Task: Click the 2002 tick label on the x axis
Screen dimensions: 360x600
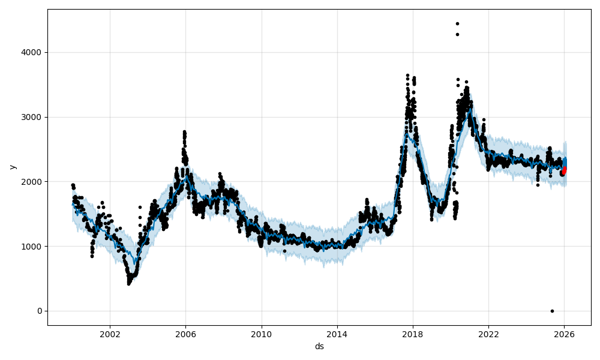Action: pos(110,334)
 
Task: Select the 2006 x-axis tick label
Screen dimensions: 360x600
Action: pos(185,334)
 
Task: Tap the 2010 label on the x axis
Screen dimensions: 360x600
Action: pos(261,334)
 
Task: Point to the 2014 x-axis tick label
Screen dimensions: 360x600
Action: pos(337,334)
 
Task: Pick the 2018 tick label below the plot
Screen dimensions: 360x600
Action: pos(412,334)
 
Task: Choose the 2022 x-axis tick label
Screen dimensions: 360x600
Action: pos(488,334)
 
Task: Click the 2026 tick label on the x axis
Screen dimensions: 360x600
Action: pos(564,334)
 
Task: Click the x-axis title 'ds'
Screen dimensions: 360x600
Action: pos(319,346)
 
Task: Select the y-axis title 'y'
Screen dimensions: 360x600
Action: pos(13,167)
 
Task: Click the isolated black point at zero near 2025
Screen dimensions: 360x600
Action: pos(552,311)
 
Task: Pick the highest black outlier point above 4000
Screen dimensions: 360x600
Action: pos(457,24)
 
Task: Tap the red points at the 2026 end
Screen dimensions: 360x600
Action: pos(563,172)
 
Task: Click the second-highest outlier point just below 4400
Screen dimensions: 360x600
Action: pos(457,34)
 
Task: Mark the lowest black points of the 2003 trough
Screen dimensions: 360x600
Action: pos(129,283)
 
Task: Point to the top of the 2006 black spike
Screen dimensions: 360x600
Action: pos(184,131)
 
